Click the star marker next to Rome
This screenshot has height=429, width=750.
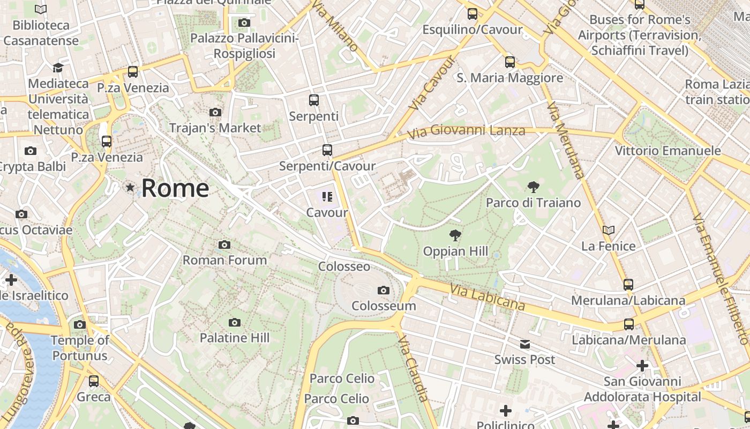(130, 188)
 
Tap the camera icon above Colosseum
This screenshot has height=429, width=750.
(384, 291)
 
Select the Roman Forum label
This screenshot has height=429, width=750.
(225, 260)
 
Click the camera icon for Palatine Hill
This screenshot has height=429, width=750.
(234, 322)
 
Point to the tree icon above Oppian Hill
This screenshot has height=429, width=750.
(455, 235)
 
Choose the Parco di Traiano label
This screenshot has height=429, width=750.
(533, 203)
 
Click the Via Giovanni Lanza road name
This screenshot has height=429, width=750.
(466, 130)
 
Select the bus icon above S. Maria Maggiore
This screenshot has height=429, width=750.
(509, 62)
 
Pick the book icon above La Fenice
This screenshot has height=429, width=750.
(609, 231)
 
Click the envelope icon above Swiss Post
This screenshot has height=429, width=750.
(525, 344)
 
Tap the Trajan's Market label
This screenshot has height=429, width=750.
(215, 128)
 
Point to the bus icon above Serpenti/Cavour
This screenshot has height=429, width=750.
(327, 150)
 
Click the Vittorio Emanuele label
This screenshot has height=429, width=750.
(667, 151)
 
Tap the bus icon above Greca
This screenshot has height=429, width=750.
(94, 381)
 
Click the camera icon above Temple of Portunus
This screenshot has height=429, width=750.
(80, 324)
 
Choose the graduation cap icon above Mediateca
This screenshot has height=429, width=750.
(58, 68)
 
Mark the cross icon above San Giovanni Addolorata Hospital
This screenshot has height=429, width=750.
(642, 366)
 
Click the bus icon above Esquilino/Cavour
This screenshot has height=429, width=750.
(472, 14)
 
